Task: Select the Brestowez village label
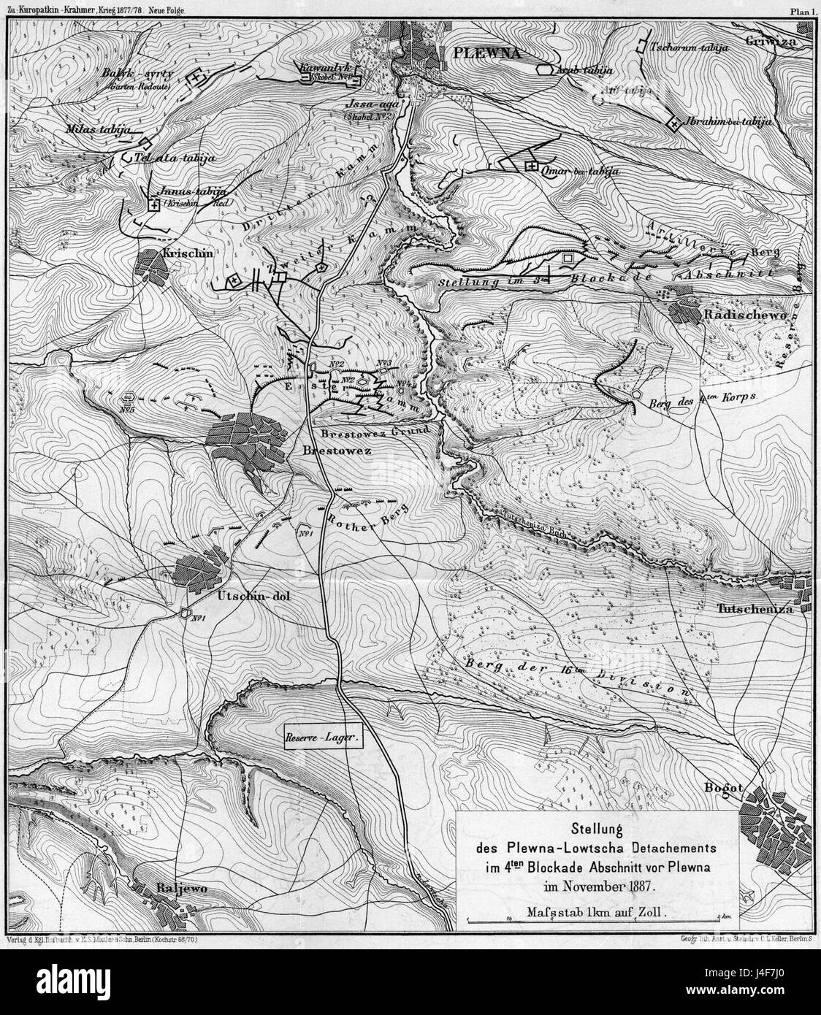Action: click(337, 452)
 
